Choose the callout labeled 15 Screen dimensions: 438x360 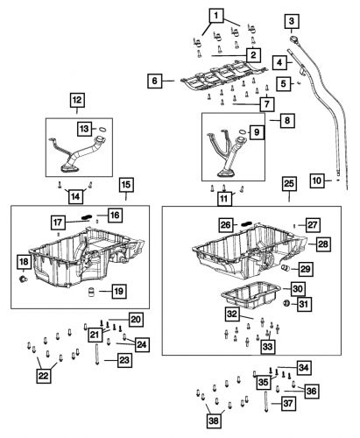click(126, 185)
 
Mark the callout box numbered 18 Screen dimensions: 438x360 click(24, 264)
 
